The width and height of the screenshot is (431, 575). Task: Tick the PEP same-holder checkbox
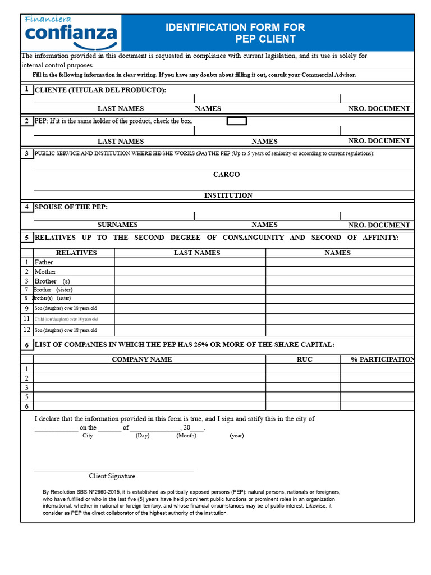coord(237,121)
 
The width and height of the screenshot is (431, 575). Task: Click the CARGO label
coord(226,175)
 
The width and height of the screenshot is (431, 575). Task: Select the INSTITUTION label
coord(228,195)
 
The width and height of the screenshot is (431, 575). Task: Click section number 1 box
coord(26,90)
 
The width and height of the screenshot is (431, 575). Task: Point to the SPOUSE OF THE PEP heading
coord(71,207)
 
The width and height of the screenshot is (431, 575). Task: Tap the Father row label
coord(44,262)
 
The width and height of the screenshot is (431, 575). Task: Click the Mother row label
coord(45,272)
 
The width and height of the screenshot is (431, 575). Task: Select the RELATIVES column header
coord(76,253)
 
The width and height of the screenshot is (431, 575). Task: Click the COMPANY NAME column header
coord(142,359)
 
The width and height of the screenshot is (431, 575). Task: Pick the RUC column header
coord(305,359)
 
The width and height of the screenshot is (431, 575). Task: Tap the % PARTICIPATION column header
coord(383,359)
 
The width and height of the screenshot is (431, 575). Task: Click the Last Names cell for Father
coord(190,262)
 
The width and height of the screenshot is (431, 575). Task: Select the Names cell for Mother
coord(340,272)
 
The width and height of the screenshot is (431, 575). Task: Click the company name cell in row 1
coord(149,369)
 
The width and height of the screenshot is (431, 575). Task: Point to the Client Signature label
coord(112,476)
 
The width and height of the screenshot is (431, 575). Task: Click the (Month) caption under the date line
coord(186,436)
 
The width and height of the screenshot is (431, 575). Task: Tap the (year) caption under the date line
coord(236,436)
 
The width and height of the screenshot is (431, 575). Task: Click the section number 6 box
coord(26,345)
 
